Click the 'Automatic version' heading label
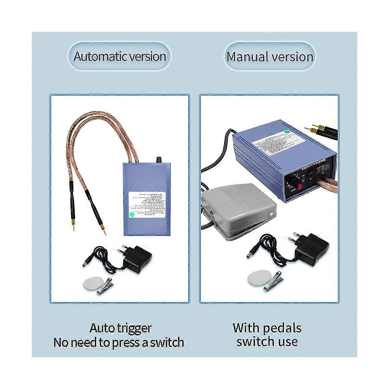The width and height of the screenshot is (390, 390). point(120,56)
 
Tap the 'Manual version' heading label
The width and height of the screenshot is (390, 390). point(270,57)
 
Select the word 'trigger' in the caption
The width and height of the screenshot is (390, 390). point(134,328)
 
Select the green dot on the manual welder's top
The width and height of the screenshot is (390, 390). point(287,132)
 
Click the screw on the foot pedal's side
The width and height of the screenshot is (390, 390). point(271,214)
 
